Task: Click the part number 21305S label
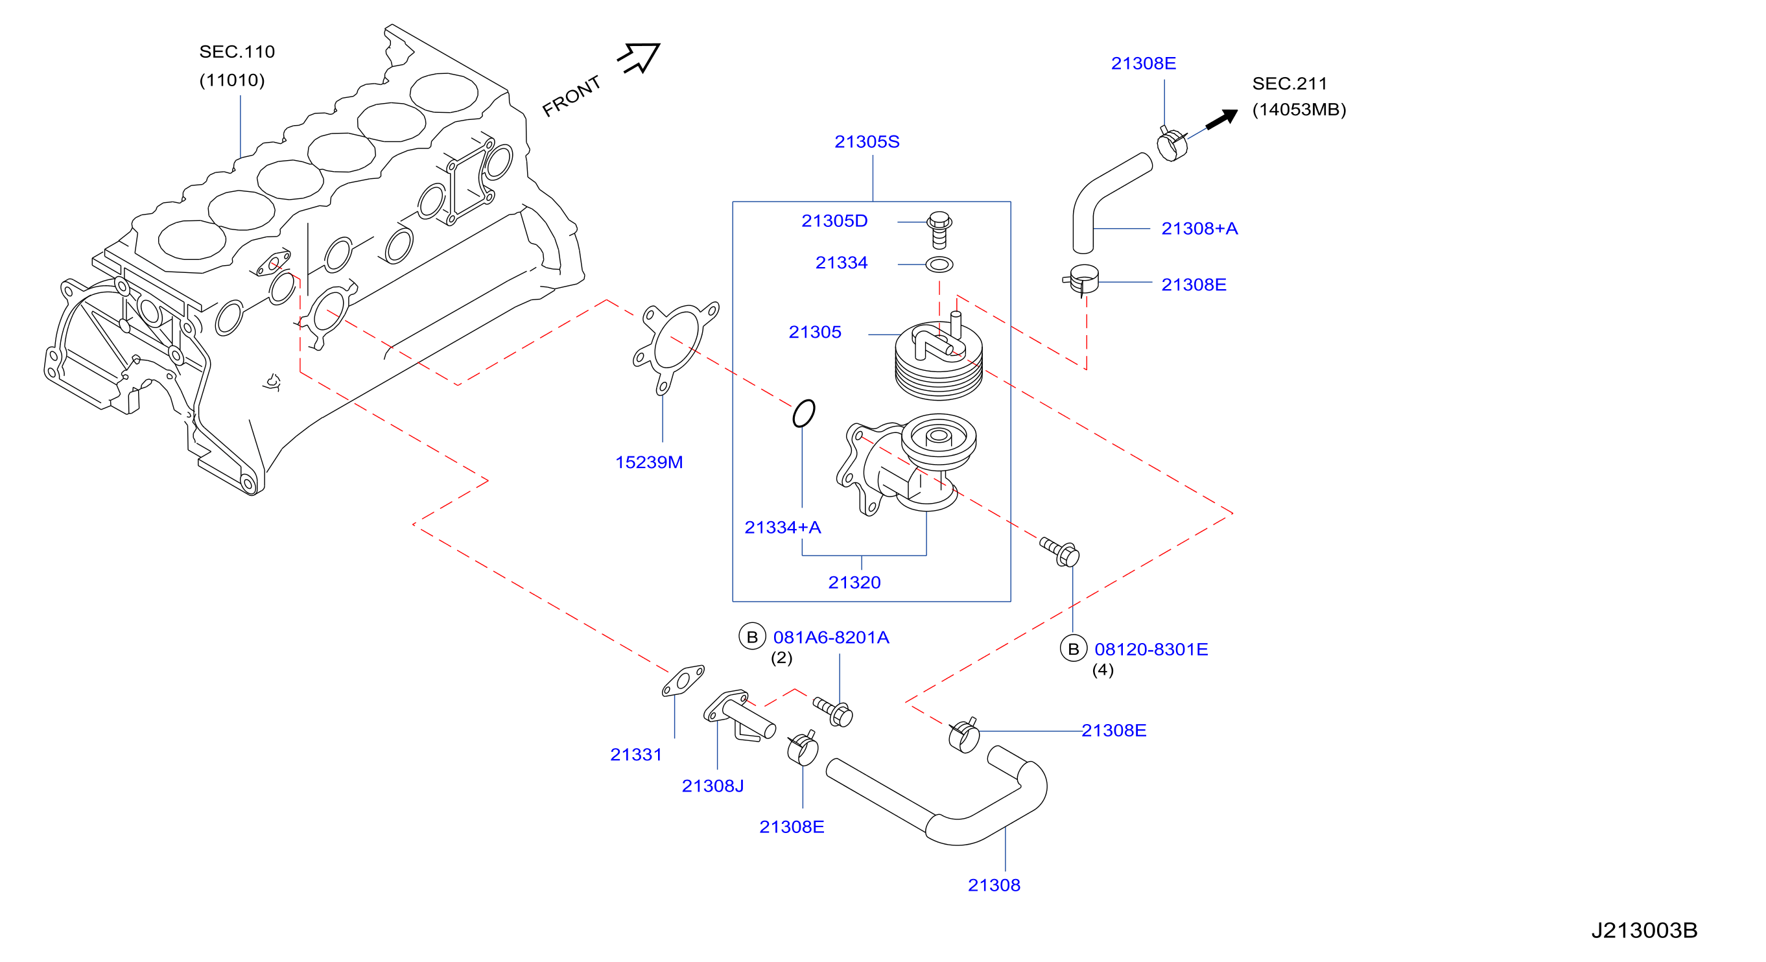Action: click(x=867, y=142)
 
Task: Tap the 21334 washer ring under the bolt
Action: click(x=939, y=264)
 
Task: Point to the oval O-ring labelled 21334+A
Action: click(x=803, y=414)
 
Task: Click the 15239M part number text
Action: click(x=648, y=462)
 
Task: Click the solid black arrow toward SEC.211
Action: click(x=1221, y=119)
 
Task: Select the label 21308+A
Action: click(x=1199, y=228)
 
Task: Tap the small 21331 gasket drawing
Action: click(x=683, y=681)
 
